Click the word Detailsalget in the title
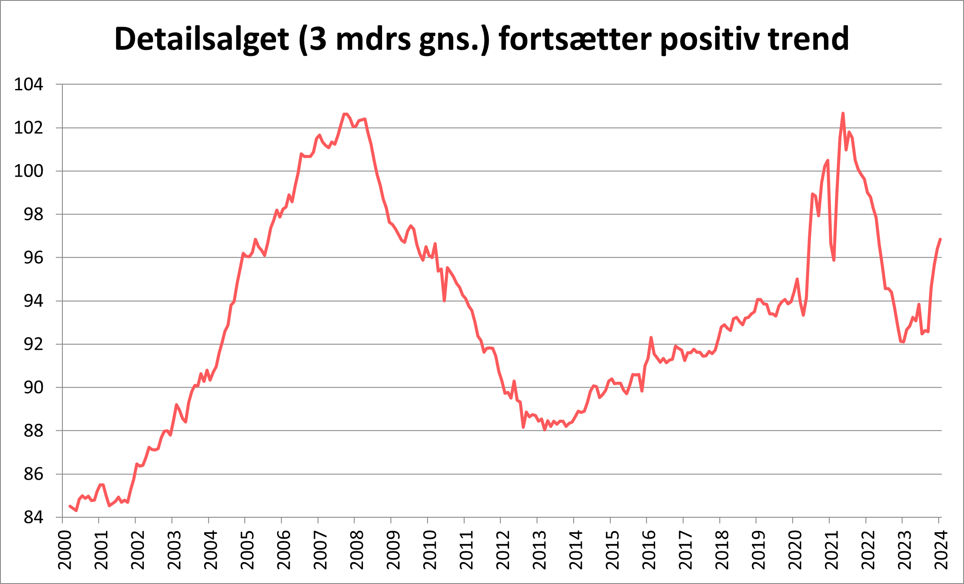(202, 39)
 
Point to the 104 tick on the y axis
(29, 84)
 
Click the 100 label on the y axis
(29, 171)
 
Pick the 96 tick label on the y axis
(33, 258)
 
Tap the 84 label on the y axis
(33, 518)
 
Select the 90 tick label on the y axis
(33, 387)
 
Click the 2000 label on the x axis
(65, 550)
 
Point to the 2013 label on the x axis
(540, 550)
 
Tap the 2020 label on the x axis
(795, 550)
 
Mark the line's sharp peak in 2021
(843, 113)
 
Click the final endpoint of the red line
(940, 239)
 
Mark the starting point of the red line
(70, 506)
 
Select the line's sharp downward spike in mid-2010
(444, 301)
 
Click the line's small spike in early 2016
(651, 338)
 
